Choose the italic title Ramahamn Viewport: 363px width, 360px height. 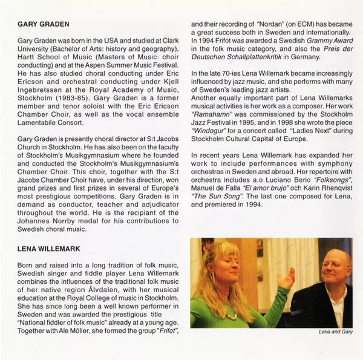(211, 113)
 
